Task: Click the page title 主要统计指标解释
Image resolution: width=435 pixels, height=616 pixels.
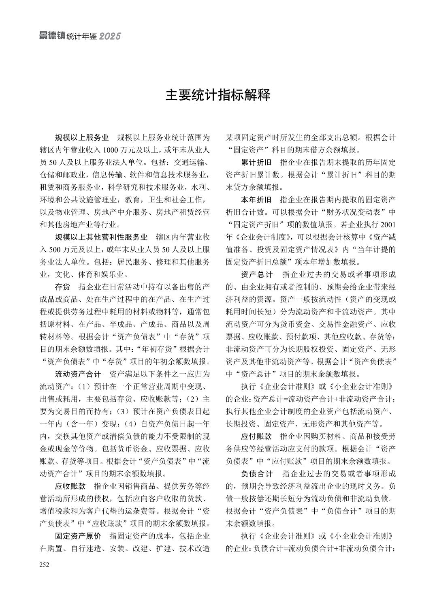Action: tap(217, 96)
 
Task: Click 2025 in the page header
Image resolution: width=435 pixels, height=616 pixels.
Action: tap(110, 36)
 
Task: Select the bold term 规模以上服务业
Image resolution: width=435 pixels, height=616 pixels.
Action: tap(81, 138)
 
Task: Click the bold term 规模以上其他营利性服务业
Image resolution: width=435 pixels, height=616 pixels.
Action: tap(101, 237)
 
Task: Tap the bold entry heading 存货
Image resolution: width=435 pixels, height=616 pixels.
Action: tap(62, 287)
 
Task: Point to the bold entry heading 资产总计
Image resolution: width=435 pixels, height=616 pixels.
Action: tap(257, 274)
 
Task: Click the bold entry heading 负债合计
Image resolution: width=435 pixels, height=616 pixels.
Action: tap(257, 474)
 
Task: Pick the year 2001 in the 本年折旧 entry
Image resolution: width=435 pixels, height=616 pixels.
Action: tap(388, 225)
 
